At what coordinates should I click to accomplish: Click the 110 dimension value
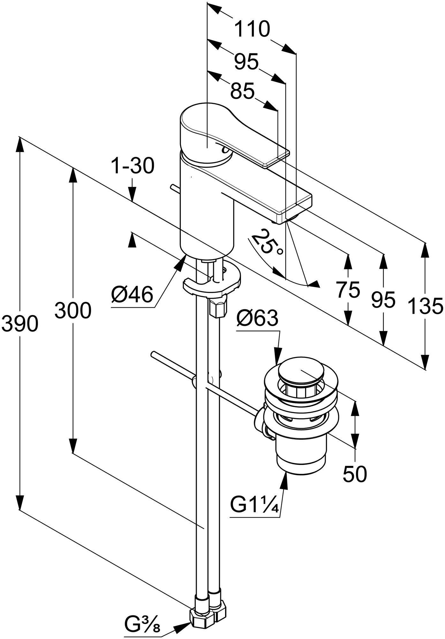click(x=252, y=30)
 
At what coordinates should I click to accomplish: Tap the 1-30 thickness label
click(x=132, y=166)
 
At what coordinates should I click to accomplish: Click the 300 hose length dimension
click(x=73, y=310)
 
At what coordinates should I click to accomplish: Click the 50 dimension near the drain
click(x=355, y=474)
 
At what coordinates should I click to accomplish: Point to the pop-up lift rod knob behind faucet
click(x=174, y=188)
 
